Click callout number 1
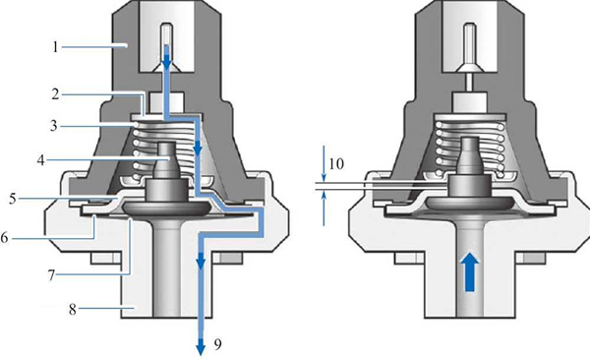click(56, 47)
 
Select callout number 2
click(56, 94)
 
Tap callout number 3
click(54, 126)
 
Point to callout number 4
click(40, 160)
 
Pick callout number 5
click(13, 199)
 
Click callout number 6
click(4, 238)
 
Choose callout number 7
click(51, 275)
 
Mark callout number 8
click(72, 310)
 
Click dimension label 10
click(336, 164)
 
